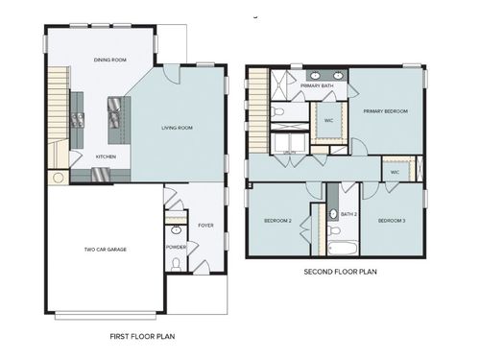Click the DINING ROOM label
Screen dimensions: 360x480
tap(109, 60)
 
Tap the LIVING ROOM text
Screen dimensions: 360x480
tap(178, 127)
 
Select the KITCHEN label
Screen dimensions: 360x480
tap(106, 156)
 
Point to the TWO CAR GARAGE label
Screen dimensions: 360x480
tap(105, 249)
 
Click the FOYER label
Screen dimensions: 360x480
tap(204, 227)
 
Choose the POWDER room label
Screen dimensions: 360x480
tap(176, 247)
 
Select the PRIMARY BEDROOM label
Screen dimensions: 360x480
tap(385, 111)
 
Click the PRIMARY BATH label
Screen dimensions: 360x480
tap(316, 86)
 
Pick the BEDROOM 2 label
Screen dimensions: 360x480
tap(277, 221)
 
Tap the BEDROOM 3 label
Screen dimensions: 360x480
tap(391, 221)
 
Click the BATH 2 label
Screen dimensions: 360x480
tap(348, 213)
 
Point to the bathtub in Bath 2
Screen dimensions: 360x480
tap(342, 248)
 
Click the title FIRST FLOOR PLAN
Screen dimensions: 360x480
tap(142, 337)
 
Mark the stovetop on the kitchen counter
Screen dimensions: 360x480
tap(78, 119)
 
